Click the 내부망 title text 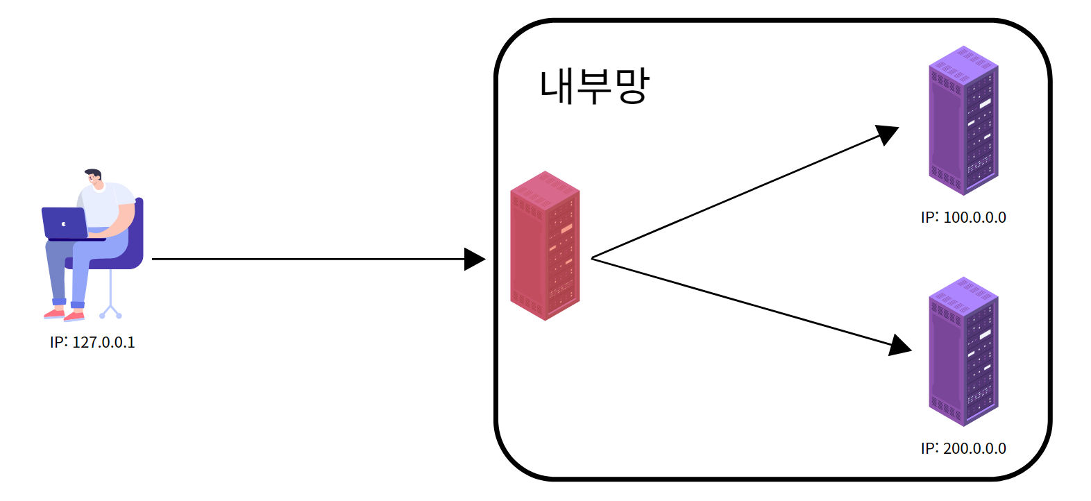point(594,87)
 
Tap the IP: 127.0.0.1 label point(92,342)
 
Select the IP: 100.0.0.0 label point(963,217)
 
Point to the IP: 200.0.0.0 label point(963,448)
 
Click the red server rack point(545,246)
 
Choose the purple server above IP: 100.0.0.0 point(963,121)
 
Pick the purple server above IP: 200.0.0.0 point(963,352)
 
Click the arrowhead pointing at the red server point(475,259)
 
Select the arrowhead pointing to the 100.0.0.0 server point(887,134)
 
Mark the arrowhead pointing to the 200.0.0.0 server point(900,345)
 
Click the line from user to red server point(305,259)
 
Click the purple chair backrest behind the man point(138,229)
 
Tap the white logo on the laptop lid point(64,223)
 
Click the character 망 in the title point(632,87)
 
